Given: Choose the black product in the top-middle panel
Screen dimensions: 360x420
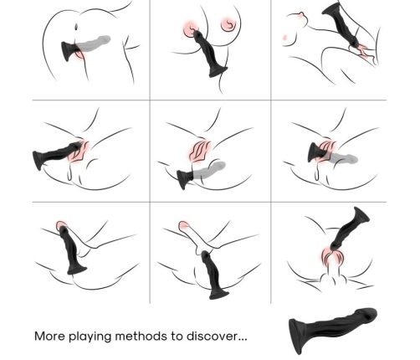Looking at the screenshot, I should click(x=209, y=52).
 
